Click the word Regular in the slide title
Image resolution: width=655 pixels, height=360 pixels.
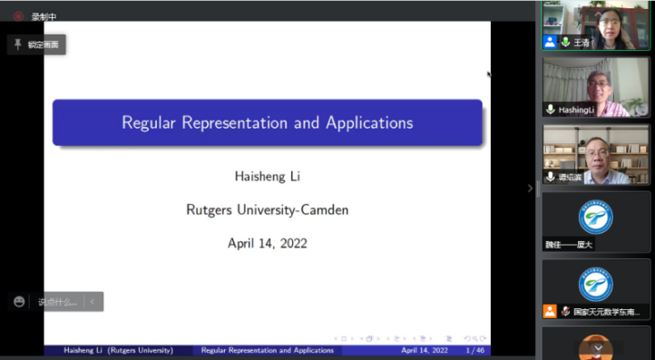pyautogui.click(x=150, y=122)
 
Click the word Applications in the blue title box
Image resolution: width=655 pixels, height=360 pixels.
pyautogui.click(x=368, y=122)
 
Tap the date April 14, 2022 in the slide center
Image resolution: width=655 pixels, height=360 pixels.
pyautogui.click(x=267, y=243)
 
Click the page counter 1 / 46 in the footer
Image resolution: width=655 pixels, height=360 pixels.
pyautogui.click(x=474, y=350)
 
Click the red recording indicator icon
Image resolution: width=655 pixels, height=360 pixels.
pyautogui.click(x=18, y=16)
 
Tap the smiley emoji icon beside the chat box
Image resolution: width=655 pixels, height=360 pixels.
pyautogui.click(x=20, y=302)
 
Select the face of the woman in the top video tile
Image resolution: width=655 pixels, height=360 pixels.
pyautogui.click(x=605, y=21)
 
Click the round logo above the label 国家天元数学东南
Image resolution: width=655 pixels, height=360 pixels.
pyautogui.click(x=596, y=283)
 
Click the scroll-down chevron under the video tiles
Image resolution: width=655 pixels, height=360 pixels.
pyautogui.click(x=597, y=347)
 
